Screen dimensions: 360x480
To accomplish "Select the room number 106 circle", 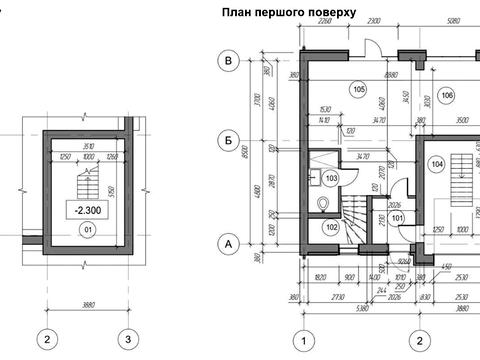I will point(446,96).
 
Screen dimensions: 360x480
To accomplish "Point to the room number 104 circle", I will point(436,162).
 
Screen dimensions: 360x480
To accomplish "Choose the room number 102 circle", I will point(331,226).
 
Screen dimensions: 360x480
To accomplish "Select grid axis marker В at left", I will point(229,62).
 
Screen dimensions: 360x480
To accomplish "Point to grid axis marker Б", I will point(229,152).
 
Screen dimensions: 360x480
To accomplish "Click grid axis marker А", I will point(229,243).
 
